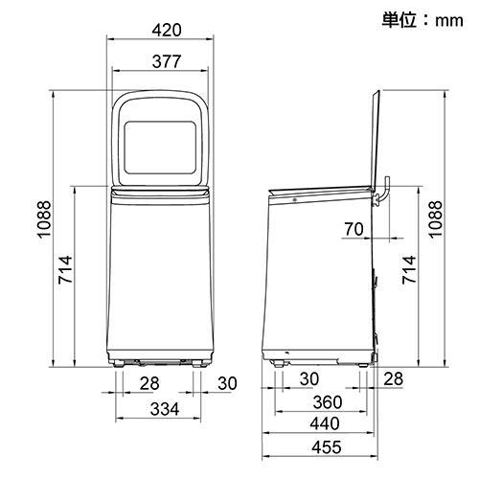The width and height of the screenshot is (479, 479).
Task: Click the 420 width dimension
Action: (x=167, y=30)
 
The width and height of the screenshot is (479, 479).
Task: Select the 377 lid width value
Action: (x=167, y=61)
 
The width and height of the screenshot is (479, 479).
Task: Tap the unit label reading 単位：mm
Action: (x=422, y=20)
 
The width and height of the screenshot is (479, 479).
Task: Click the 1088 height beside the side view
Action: (x=436, y=219)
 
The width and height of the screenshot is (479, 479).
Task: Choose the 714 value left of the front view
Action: (x=66, y=269)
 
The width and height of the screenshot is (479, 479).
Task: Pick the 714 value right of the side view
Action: (x=410, y=269)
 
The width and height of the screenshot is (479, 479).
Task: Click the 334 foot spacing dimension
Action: (x=165, y=409)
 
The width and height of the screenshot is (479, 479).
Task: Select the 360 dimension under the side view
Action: (x=328, y=402)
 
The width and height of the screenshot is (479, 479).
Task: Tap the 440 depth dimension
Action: (x=325, y=423)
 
